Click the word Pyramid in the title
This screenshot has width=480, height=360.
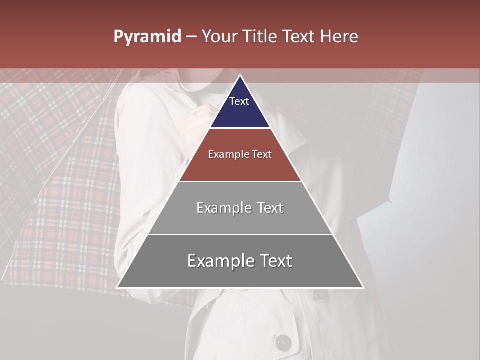147,37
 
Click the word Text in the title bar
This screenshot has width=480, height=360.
299,36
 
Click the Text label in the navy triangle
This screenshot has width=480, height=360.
239,101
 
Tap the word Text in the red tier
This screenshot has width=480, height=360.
261,154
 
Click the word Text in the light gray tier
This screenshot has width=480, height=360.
270,208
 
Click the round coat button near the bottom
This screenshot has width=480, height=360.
283,343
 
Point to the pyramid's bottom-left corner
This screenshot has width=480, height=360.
117,288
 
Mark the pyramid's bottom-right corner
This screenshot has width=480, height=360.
363,288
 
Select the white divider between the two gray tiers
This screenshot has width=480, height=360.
240,234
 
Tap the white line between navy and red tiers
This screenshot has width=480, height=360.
240,128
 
